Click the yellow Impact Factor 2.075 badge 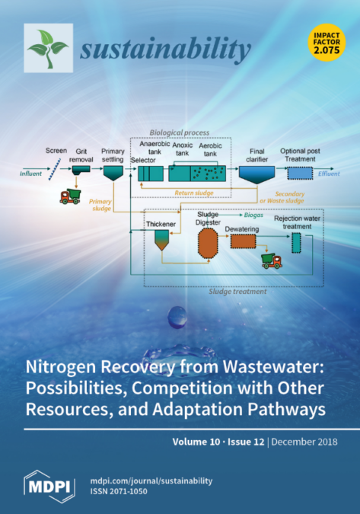[x=327, y=43]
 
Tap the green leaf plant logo [x=49, y=48]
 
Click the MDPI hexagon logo [x=49, y=487]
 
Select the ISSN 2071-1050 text [x=119, y=491]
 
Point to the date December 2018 [x=304, y=442]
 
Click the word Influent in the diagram [x=30, y=174]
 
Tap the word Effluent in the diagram [x=329, y=174]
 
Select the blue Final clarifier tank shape [x=256, y=174]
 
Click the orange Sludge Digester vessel [x=208, y=243]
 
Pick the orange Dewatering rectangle [x=243, y=241]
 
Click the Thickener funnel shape [x=162, y=240]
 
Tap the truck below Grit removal [x=70, y=196]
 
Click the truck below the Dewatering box [x=272, y=261]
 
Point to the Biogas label [x=253, y=215]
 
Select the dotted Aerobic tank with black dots [x=209, y=174]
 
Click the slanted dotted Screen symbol [x=55, y=169]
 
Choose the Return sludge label [x=194, y=193]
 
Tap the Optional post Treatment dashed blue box [x=300, y=173]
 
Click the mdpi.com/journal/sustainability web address [x=151, y=481]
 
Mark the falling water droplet [x=177, y=317]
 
